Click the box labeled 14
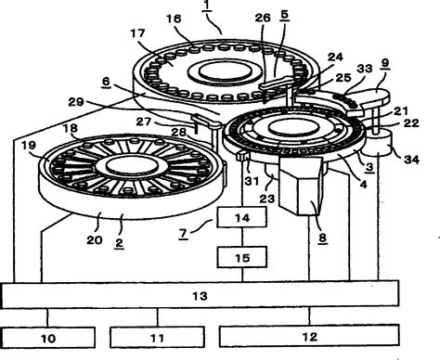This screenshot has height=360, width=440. [x=241, y=217]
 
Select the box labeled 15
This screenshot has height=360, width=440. [x=241, y=257]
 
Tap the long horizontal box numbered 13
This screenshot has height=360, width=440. [x=201, y=294]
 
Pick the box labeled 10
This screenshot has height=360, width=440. [x=48, y=338]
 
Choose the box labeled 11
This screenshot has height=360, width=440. [x=157, y=337]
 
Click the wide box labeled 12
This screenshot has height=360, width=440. [x=309, y=335]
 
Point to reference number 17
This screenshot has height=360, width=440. [x=137, y=33]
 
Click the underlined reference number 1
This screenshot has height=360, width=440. [x=207, y=6]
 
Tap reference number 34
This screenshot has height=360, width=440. [x=411, y=160]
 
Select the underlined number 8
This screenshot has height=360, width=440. [x=322, y=238]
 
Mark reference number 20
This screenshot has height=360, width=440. [x=95, y=239]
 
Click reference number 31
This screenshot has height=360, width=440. [x=252, y=181]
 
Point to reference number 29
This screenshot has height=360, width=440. [x=76, y=102]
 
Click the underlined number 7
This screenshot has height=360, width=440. [x=184, y=234]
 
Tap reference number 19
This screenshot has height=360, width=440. [x=29, y=146]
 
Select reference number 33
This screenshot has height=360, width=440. [x=365, y=69]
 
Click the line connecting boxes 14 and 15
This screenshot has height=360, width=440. [x=242, y=237]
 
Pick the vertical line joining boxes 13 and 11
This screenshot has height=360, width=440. [x=158, y=317]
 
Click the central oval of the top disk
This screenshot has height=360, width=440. [x=225, y=71]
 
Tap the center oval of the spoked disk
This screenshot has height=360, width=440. [x=132, y=165]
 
